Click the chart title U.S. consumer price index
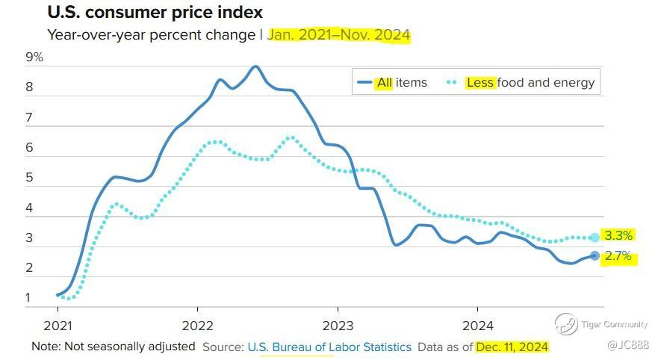click(x=155, y=13)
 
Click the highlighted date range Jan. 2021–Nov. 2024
click(x=339, y=35)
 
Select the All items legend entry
click(x=392, y=82)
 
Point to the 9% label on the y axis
click(x=34, y=58)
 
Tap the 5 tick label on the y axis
click(x=30, y=178)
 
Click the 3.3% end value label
click(x=618, y=235)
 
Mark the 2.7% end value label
click(x=618, y=257)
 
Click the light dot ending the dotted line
click(x=595, y=238)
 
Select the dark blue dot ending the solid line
click(x=595, y=255)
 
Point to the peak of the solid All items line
click(x=255, y=66)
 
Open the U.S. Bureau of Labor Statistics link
click(x=329, y=347)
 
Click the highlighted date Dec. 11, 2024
click(x=512, y=347)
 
